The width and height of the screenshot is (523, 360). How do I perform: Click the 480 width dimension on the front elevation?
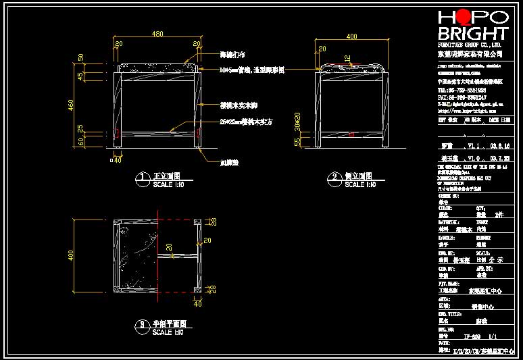click(x=157, y=34)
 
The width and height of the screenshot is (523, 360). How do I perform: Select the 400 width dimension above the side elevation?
click(x=351, y=36)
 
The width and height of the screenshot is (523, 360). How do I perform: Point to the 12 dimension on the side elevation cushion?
click(x=347, y=59)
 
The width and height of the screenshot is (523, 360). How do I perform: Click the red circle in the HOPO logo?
click(x=464, y=18)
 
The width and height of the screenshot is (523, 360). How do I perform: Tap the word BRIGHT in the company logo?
click(x=472, y=34)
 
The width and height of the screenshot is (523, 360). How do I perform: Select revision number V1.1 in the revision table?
click(x=472, y=145)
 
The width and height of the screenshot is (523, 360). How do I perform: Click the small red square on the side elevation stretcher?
click(x=352, y=134)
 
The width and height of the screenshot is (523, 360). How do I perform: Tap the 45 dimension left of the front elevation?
click(x=81, y=76)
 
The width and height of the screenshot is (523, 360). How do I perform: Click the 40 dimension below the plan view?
click(x=198, y=304)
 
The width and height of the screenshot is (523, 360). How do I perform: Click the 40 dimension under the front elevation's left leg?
click(x=117, y=160)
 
